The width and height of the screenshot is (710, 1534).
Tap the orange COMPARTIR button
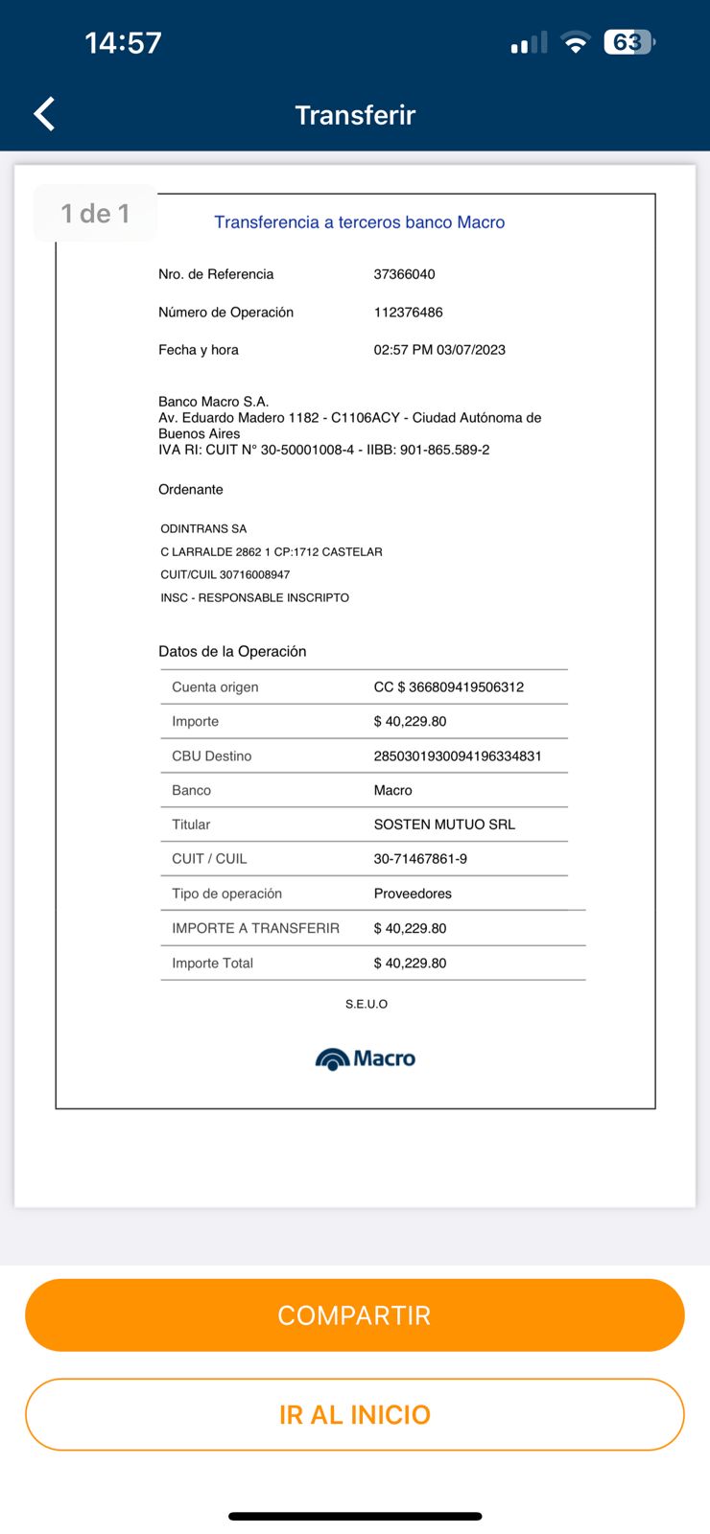(354, 1314)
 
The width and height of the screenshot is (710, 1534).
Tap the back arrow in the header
(45, 114)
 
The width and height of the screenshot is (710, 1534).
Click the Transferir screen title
(355, 115)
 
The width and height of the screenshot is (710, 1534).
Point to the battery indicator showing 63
(628, 42)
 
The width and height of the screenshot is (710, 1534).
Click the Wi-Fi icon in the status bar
(575, 42)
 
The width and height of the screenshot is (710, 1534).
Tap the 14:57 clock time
(123, 43)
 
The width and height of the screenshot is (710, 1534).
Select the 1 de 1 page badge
(95, 213)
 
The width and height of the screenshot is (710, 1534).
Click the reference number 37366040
(404, 274)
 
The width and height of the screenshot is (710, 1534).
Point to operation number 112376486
(408, 313)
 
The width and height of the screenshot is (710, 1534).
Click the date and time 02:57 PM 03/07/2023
(439, 350)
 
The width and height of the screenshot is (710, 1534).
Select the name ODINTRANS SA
(203, 529)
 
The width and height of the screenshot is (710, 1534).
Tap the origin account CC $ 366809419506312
(448, 687)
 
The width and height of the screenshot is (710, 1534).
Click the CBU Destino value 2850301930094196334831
(458, 756)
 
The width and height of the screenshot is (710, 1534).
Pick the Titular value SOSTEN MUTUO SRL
(444, 825)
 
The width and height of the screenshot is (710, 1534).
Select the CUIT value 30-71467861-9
(420, 859)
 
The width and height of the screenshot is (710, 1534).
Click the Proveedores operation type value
(413, 894)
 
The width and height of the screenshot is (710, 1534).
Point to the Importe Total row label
(212, 964)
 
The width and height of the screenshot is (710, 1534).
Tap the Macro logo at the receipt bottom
(366, 1058)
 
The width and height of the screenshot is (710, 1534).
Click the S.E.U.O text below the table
(367, 1004)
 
